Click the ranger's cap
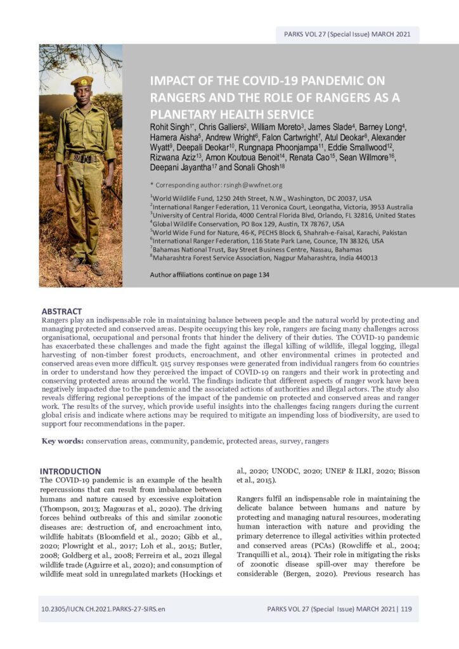click(81, 81)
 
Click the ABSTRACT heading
click(61, 311)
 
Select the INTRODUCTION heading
click(70, 471)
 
